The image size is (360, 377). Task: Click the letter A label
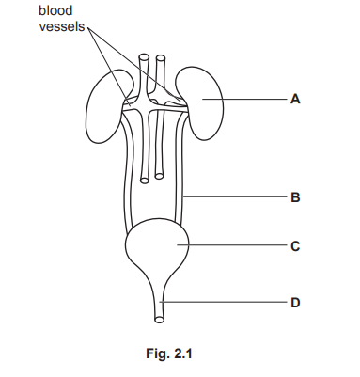pyautogui.click(x=295, y=98)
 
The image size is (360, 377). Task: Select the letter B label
pyautogui.click(x=295, y=197)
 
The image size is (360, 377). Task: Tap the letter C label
pyautogui.click(x=295, y=247)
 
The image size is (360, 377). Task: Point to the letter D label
pyautogui.click(x=295, y=303)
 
